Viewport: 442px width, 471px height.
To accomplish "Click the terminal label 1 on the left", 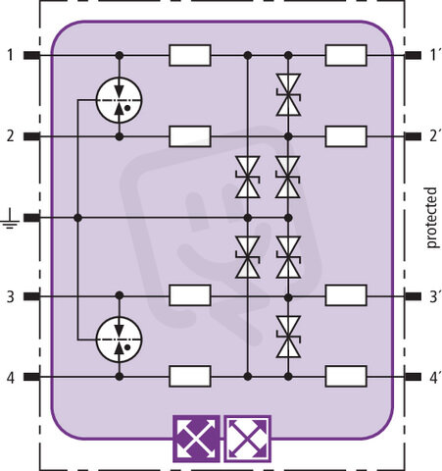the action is click(x=11, y=55).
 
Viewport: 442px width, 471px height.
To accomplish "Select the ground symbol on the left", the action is click(x=10, y=218).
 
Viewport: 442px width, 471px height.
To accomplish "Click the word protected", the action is click(x=431, y=218).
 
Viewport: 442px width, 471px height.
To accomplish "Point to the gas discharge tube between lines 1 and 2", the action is click(x=120, y=100).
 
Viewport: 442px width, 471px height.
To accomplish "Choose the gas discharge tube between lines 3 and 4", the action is click(x=120, y=340).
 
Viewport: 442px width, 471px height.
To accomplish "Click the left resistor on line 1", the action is click(x=190, y=55).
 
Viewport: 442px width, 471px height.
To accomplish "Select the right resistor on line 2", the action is click(x=346, y=136).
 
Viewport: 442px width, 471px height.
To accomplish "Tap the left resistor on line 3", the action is click(x=190, y=295).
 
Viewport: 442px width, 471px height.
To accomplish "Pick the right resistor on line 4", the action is click(x=346, y=376).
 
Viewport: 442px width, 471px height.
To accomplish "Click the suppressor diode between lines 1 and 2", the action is click(x=288, y=95).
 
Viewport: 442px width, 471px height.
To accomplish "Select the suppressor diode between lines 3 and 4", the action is click(x=288, y=337).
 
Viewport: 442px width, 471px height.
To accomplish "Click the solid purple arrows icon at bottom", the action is click(x=196, y=439).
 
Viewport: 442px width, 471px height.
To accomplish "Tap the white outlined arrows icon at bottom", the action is click(x=247, y=439).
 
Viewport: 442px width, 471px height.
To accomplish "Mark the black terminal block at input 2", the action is click(x=31, y=136).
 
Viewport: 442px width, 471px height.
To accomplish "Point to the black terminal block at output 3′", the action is click(x=413, y=296).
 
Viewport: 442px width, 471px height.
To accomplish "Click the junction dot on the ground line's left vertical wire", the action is click(x=77, y=218).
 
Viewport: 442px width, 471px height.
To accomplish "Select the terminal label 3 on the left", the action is click(x=11, y=296).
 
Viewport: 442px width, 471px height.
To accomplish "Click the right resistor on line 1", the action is click(x=346, y=55).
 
